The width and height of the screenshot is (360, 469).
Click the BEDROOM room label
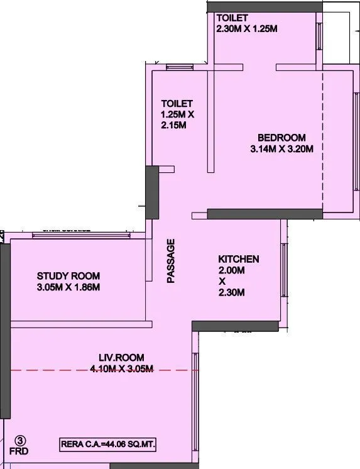(x=281, y=138)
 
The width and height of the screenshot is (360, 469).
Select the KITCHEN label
(x=239, y=259)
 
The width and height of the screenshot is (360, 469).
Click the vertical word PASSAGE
(x=170, y=261)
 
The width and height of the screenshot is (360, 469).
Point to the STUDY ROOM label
(x=68, y=276)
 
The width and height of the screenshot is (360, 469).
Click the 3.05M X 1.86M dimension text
(x=68, y=287)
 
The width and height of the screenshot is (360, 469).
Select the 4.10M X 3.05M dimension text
(x=121, y=369)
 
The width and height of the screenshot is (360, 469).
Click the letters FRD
(x=19, y=451)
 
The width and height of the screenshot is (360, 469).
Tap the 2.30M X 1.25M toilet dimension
(x=246, y=28)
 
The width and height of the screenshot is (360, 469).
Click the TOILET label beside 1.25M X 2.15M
(x=177, y=103)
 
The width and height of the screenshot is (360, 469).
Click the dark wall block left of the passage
(x=151, y=192)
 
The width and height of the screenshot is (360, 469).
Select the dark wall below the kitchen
(x=235, y=326)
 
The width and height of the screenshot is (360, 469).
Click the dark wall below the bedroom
(x=265, y=214)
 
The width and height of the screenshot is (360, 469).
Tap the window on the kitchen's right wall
(x=284, y=270)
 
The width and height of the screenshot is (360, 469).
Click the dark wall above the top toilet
(x=263, y=6)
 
